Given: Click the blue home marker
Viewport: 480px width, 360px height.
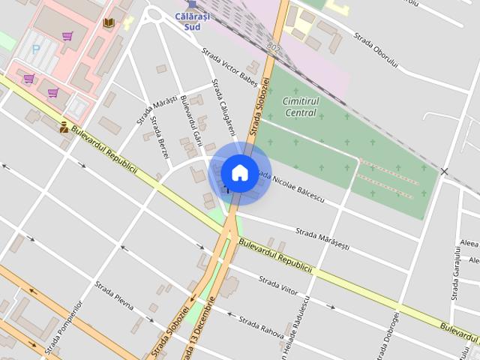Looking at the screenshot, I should click(x=239, y=172).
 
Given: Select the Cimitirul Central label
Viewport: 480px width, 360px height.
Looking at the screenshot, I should click(x=301, y=106).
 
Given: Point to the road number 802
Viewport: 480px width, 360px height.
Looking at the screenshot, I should click(x=273, y=49).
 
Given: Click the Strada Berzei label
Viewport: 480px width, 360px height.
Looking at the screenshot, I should click(x=160, y=136).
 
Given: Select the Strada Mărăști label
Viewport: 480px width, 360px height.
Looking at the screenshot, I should click(x=156, y=109).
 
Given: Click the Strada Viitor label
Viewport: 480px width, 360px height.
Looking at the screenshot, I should click(x=279, y=289).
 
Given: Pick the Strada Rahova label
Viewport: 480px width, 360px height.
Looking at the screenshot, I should click(x=260, y=327).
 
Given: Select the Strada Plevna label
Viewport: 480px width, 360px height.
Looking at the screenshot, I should click(x=114, y=295).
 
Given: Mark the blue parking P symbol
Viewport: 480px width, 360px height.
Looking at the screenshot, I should click(x=35, y=49).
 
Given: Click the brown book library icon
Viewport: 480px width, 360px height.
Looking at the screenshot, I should click(x=109, y=23).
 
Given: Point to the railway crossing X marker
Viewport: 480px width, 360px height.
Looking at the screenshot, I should click(x=444, y=172).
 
